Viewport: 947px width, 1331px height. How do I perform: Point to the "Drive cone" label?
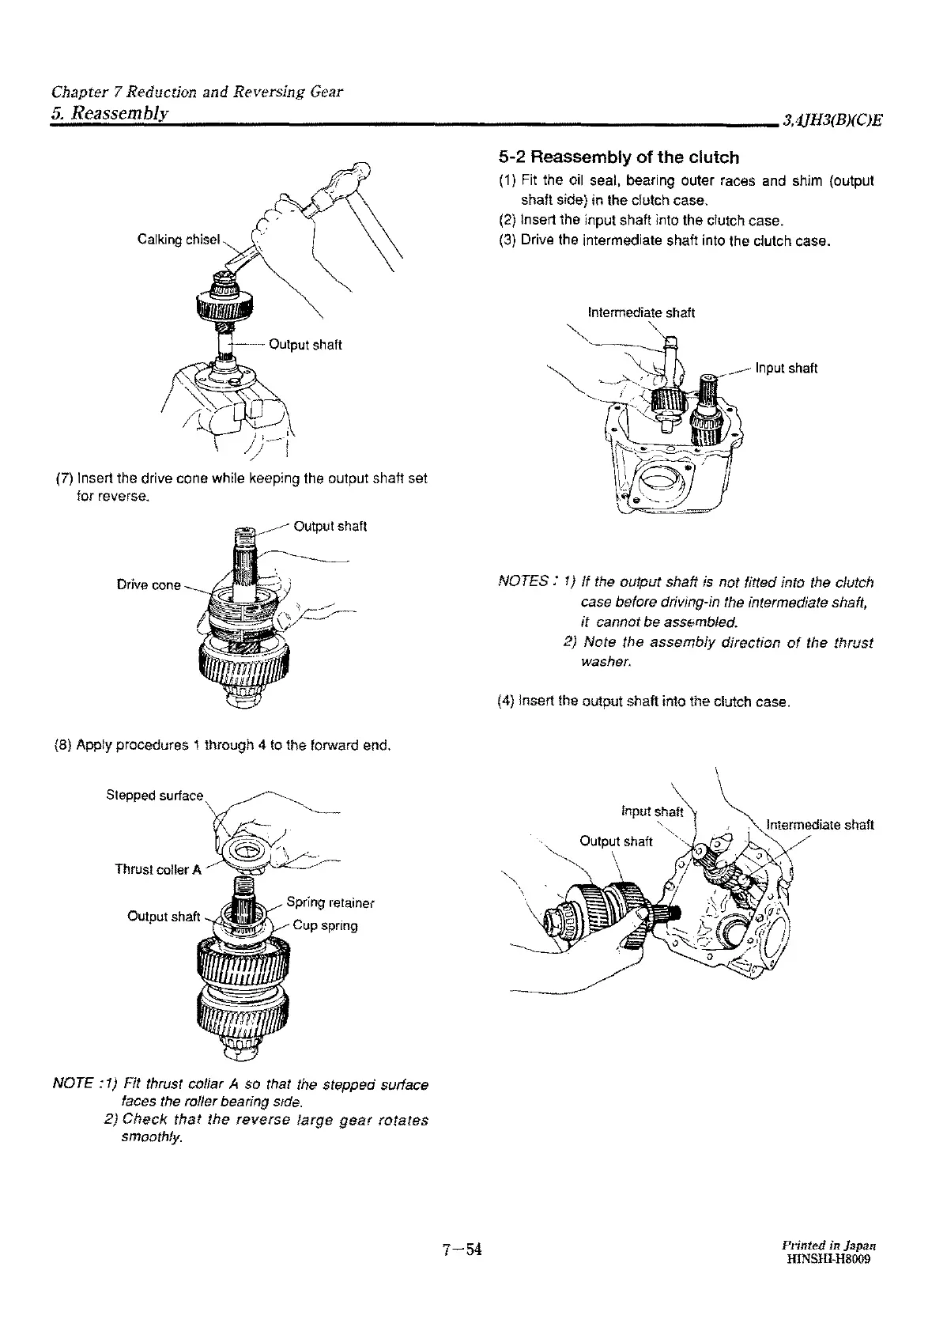(149, 585)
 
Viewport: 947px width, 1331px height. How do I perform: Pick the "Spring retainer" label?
(330, 902)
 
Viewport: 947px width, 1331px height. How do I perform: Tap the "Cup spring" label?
(325, 925)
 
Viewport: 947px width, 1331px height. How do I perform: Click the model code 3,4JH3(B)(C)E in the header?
(832, 120)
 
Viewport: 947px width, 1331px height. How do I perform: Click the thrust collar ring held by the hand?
(251, 850)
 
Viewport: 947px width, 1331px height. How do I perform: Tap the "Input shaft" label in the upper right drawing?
(786, 368)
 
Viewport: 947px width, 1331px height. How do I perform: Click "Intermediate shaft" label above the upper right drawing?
(640, 312)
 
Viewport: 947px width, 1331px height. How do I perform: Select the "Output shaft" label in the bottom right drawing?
(616, 841)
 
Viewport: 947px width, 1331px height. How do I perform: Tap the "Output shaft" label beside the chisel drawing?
(305, 344)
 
